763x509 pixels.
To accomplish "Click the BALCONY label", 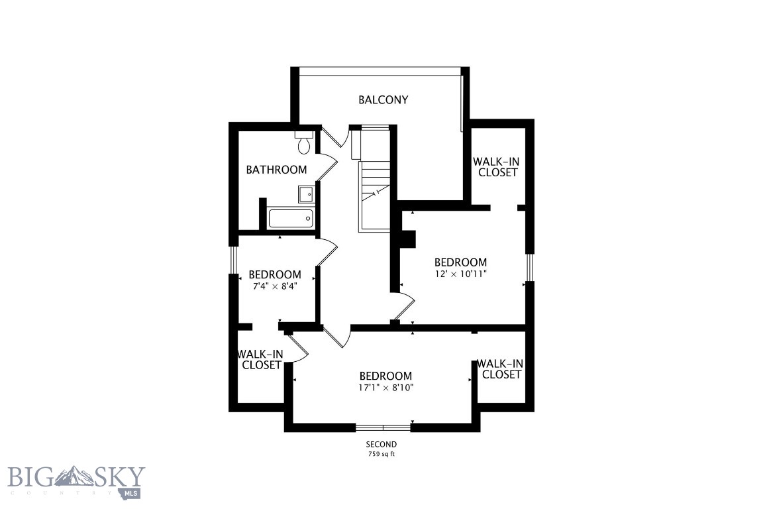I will coord(383,100).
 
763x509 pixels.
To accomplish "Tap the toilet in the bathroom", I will coord(304,142).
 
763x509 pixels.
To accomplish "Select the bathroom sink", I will coord(305,194).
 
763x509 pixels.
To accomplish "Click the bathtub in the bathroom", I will coord(290,218).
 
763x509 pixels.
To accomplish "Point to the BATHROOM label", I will coord(276,170).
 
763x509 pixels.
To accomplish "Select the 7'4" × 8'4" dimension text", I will coord(274,286).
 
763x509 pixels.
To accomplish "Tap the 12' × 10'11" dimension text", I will coord(460,274).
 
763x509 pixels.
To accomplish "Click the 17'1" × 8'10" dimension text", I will coord(385,388).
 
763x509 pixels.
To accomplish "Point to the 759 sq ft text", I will coord(381,455).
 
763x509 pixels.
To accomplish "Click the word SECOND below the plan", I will coord(381,445).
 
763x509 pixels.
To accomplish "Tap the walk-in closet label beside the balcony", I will coord(495,167).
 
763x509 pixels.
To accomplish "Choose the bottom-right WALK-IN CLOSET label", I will coord(501,368).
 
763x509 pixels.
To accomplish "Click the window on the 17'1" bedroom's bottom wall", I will coord(383,427).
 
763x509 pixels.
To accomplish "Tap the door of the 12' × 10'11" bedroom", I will coord(405,306).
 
